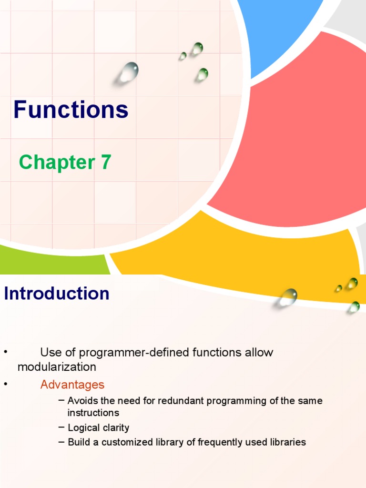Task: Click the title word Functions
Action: click(71, 110)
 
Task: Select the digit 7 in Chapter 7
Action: click(106, 163)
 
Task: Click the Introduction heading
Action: click(57, 294)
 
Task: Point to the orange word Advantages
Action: click(72, 385)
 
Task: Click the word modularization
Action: click(57, 367)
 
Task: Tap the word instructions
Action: click(93, 413)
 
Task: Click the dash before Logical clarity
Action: click(61, 427)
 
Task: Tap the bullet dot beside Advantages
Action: click(6, 384)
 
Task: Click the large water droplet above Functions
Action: click(129, 72)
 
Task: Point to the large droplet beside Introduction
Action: click(288, 297)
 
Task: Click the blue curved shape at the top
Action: click(276, 29)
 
